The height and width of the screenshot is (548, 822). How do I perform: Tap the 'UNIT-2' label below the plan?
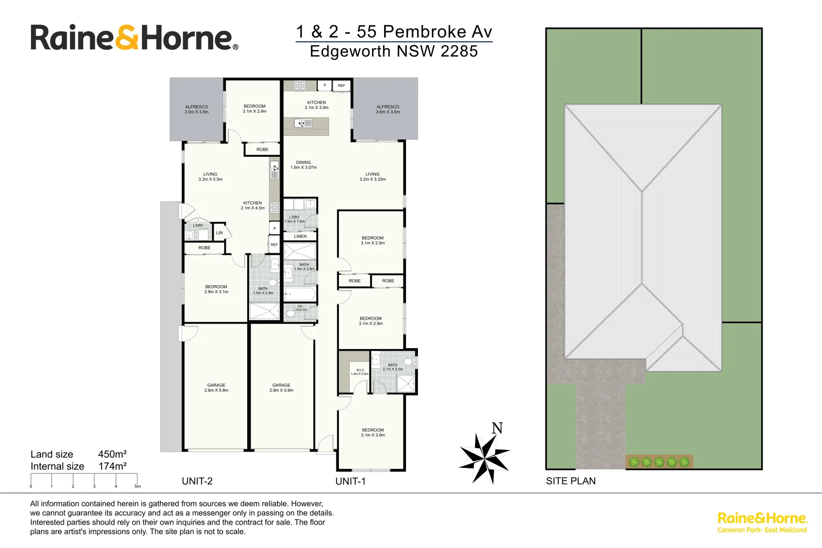tap(197, 481)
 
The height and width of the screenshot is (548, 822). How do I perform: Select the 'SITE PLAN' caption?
tap(570, 481)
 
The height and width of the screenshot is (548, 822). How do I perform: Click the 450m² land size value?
tap(112, 454)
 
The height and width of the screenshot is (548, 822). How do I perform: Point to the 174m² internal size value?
tap(112, 466)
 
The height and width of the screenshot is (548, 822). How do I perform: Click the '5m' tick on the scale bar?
tap(137, 486)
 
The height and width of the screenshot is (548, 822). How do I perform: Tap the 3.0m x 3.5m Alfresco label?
tap(196, 109)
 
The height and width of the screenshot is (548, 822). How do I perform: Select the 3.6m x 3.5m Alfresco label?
tap(388, 109)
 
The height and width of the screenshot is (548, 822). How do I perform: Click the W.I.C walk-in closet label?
tap(360, 372)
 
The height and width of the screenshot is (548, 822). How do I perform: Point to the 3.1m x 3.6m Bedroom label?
tap(372, 432)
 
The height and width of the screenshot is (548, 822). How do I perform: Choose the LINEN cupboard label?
tap(300, 236)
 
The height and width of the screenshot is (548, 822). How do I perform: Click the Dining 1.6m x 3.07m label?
tap(303, 165)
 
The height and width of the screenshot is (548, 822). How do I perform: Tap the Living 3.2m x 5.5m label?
tap(210, 177)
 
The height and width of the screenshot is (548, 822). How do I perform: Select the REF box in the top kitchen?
tap(341, 85)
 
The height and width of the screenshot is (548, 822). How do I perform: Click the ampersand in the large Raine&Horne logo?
tap(127, 38)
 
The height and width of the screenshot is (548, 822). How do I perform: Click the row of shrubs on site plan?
tap(659, 462)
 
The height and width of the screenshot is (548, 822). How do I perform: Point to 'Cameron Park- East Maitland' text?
tap(762, 530)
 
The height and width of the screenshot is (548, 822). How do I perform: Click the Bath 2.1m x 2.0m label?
tap(393, 367)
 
